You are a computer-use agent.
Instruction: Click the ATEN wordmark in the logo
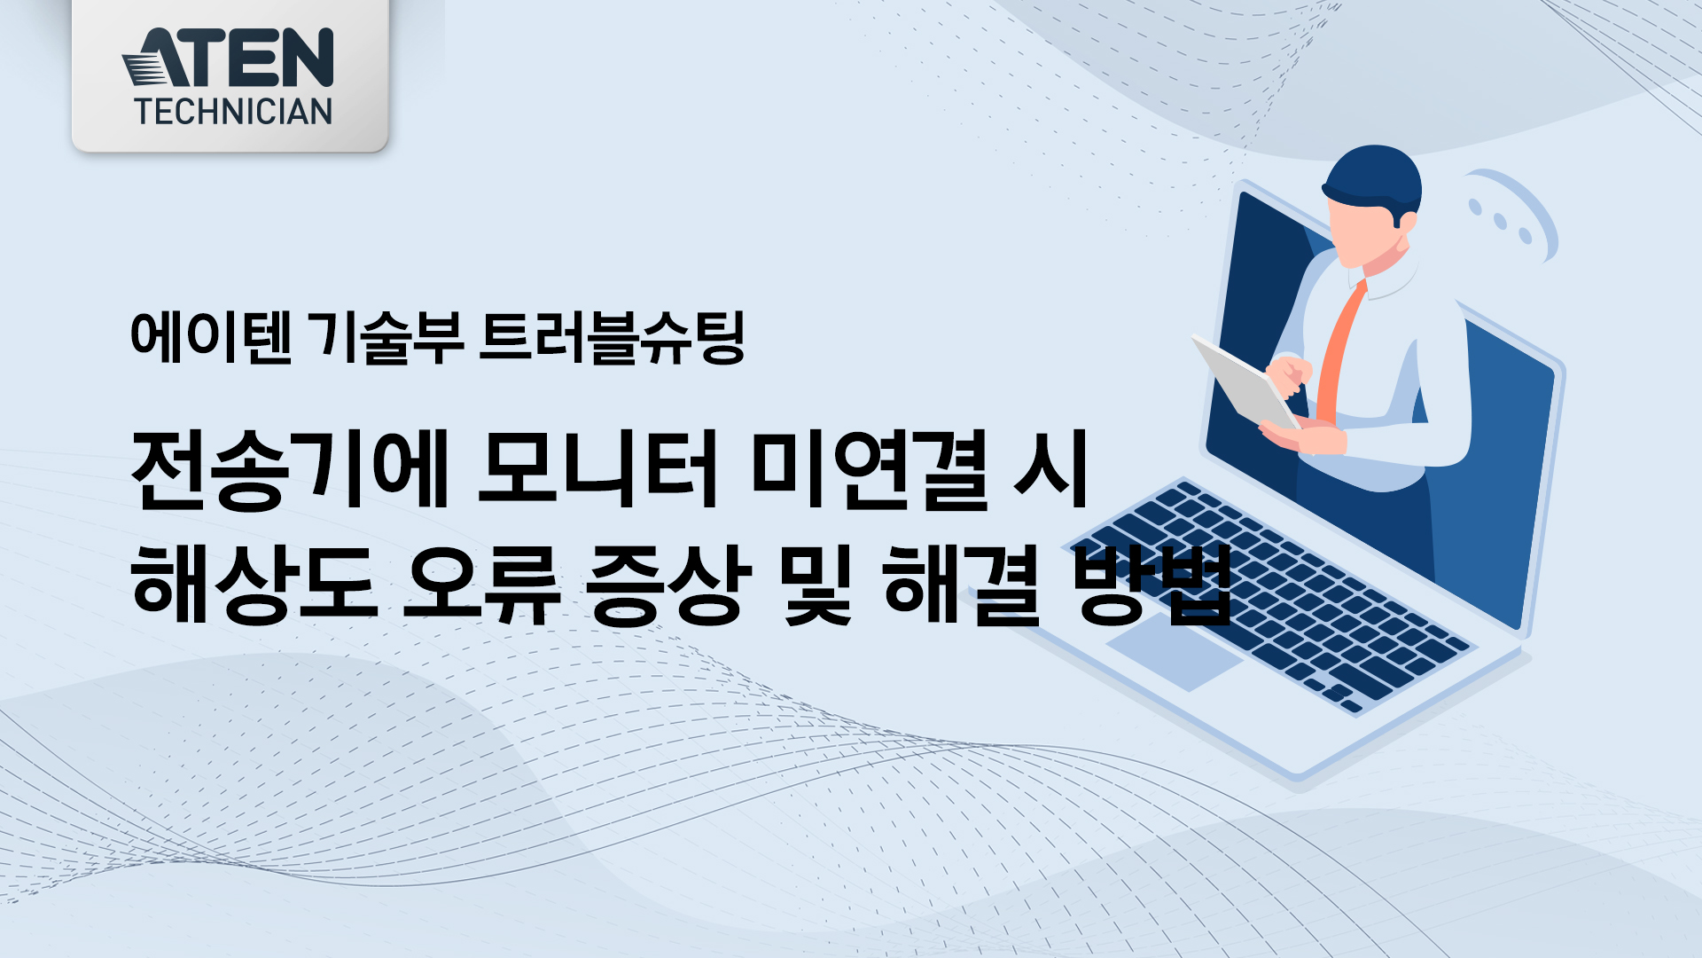[228, 58]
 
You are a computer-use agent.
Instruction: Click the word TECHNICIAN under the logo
[233, 112]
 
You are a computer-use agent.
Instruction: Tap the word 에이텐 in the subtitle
[211, 337]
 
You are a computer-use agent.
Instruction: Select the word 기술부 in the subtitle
[389, 337]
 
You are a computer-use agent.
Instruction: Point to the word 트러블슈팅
[612, 337]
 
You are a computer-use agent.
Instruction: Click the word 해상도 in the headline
[255, 584]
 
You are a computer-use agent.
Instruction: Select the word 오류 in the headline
[482, 584]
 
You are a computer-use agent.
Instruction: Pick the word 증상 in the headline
[663, 584]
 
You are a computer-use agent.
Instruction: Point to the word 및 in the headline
[816, 584]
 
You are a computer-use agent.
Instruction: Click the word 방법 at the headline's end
[1152, 584]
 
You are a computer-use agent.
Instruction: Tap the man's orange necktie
[1340, 355]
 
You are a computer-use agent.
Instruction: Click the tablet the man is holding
[1245, 383]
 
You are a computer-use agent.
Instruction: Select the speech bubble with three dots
[1512, 213]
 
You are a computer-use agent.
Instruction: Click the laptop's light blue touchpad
[1175, 651]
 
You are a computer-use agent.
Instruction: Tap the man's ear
[1405, 222]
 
